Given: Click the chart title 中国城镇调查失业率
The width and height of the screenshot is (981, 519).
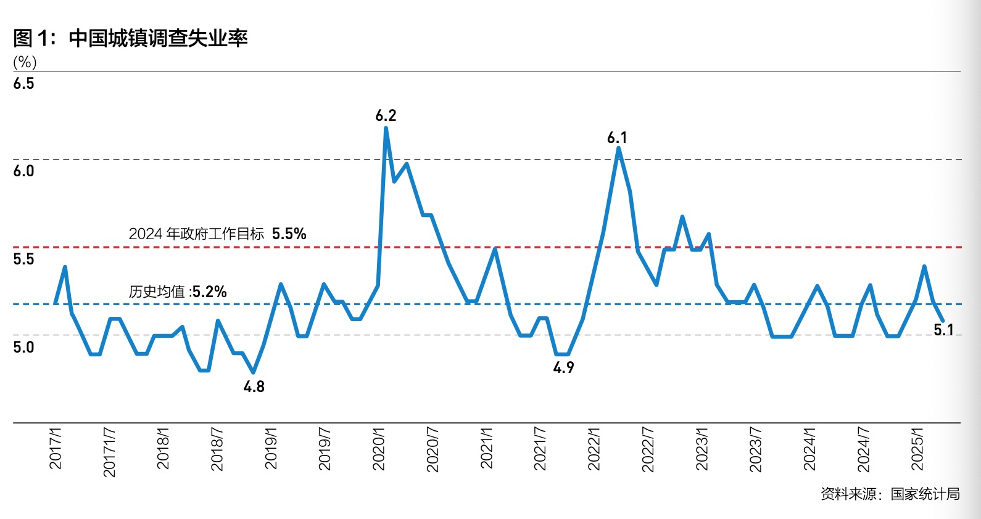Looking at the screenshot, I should tap(158, 38).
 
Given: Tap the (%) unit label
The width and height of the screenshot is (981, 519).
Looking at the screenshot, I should tap(25, 62).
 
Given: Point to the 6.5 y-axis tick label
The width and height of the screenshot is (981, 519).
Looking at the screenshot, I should tap(23, 84).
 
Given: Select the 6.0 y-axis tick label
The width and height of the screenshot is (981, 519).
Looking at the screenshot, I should tap(23, 171).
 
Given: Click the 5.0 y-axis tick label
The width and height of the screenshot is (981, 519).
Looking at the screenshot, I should tap(23, 348).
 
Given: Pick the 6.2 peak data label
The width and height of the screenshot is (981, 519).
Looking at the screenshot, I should tap(386, 115).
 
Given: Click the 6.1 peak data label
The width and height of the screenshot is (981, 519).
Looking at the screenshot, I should tap(617, 137).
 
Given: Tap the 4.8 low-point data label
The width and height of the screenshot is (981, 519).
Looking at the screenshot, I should tap(254, 387).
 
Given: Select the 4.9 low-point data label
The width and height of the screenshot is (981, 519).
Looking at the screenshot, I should tap(563, 368).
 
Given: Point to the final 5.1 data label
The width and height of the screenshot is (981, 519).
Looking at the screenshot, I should tap(943, 330).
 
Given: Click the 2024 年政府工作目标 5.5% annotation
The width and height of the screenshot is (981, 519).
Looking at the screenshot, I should tap(217, 234).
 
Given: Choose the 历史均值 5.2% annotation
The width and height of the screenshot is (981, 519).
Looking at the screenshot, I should tap(178, 292).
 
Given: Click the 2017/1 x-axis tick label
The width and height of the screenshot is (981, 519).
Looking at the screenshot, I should tap(56, 449).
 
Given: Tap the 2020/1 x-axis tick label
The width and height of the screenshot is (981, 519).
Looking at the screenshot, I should tap(379, 449).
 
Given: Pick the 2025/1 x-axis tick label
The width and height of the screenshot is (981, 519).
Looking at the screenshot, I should tap(917, 449).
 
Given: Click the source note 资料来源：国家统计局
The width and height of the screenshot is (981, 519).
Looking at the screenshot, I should tap(890, 494).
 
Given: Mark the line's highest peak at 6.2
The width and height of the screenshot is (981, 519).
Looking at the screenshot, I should tap(386, 128).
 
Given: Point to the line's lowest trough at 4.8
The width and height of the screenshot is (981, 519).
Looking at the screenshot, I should tap(253, 372).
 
